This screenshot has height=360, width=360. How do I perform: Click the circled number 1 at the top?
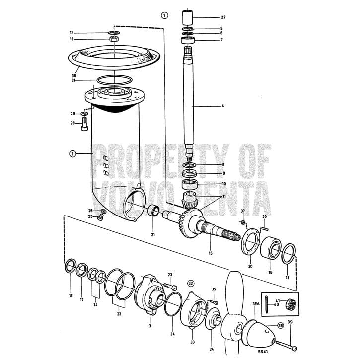(164, 15)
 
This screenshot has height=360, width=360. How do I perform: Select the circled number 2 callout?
(72, 154)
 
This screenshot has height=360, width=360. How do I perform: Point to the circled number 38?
(281, 326)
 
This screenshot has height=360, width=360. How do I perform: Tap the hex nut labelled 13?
(114, 39)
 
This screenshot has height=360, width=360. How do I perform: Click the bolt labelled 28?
(84, 124)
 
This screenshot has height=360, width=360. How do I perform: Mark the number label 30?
(73, 76)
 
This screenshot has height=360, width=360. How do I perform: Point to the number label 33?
(193, 342)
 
